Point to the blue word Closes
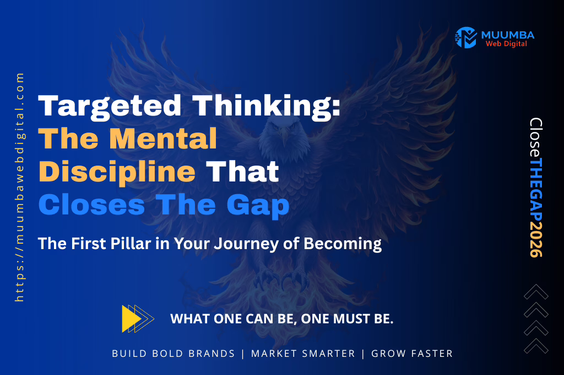(91, 205)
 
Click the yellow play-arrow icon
(135, 318)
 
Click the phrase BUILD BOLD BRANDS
(173, 354)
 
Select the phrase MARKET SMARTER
(303, 354)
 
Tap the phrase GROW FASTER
(412, 354)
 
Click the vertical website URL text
(20, 187)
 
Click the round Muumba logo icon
(465, 37)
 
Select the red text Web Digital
(506, 44)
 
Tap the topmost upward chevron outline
(536, 292)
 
